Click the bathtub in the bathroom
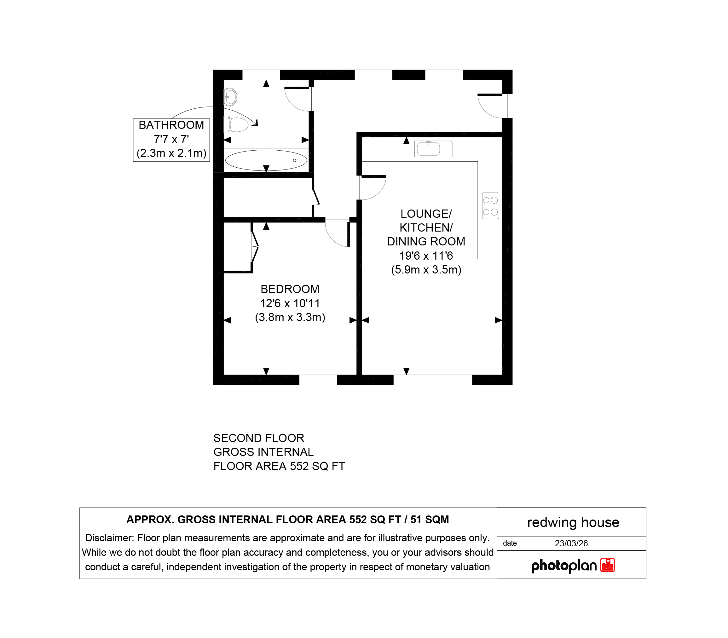(266, 160)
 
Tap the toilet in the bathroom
(236, 125)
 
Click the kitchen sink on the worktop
(433, 149)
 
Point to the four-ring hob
(490, 206)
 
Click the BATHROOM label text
(171, 125)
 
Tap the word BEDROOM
(290, 289)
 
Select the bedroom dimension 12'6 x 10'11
(290, 303)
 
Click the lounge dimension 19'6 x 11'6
(426, 256)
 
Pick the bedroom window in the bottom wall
(318, 380)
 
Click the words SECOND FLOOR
(259, 438)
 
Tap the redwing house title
(573, 522)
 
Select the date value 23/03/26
(571, 543)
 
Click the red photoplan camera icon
(608, 565)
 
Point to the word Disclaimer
(109, 538)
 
